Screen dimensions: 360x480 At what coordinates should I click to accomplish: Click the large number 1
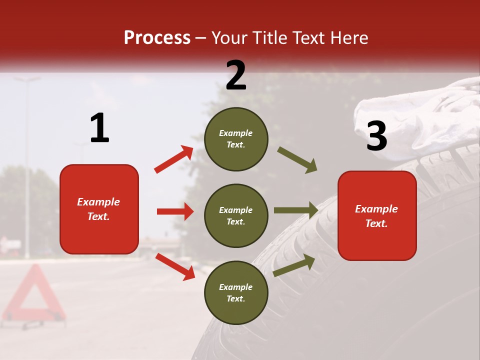(x=99, y=128)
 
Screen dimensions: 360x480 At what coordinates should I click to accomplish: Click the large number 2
(x=236, y=75)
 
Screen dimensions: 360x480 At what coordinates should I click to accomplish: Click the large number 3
(x=376, y=136)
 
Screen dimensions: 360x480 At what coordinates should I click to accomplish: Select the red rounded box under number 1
(x=99, y=209)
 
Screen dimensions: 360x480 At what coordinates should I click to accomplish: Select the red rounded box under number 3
(x=377, y=215)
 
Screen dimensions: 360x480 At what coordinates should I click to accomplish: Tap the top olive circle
(x=236, y=138)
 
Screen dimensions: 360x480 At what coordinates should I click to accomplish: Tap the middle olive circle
(x=236, y=215)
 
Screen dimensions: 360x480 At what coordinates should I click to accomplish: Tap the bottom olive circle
(x=236, y=292)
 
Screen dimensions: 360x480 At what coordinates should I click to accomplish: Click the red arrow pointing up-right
(x=174, y=159)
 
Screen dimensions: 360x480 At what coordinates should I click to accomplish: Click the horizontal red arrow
(x=175, y=211)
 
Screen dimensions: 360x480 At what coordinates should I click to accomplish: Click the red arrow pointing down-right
(x=175, y=266)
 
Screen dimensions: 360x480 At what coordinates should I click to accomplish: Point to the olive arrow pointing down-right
(x=297, y=160)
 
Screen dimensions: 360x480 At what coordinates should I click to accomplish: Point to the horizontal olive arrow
(x=296, y=210)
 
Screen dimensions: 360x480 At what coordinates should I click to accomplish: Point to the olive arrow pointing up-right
(x=294, y=265)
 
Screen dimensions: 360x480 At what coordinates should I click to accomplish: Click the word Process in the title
(x=157, y=38)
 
